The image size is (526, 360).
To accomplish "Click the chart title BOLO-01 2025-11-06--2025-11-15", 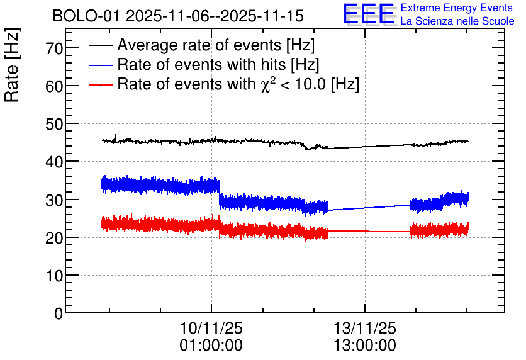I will click(178, 16).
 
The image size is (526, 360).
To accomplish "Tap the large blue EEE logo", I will click(369, 14).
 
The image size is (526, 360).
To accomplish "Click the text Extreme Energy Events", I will click(457, 8).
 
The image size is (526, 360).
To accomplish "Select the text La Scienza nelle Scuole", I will click(457, 21).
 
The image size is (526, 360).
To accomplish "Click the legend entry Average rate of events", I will click(216, 45).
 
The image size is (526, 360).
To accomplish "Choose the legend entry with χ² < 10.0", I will click(238, 84).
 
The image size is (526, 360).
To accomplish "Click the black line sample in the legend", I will click(101, 45).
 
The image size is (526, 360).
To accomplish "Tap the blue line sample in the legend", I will click(101, 65).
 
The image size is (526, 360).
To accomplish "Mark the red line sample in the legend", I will click(101, 84).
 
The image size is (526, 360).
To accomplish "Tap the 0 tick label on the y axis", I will click(59, 313).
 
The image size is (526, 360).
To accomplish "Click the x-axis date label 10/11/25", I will click(211, 329).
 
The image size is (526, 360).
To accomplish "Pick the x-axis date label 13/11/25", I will click(365, 329).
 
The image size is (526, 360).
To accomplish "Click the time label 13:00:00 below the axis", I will click(365, 346).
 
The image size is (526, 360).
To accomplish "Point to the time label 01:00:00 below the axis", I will click(211, 346).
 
